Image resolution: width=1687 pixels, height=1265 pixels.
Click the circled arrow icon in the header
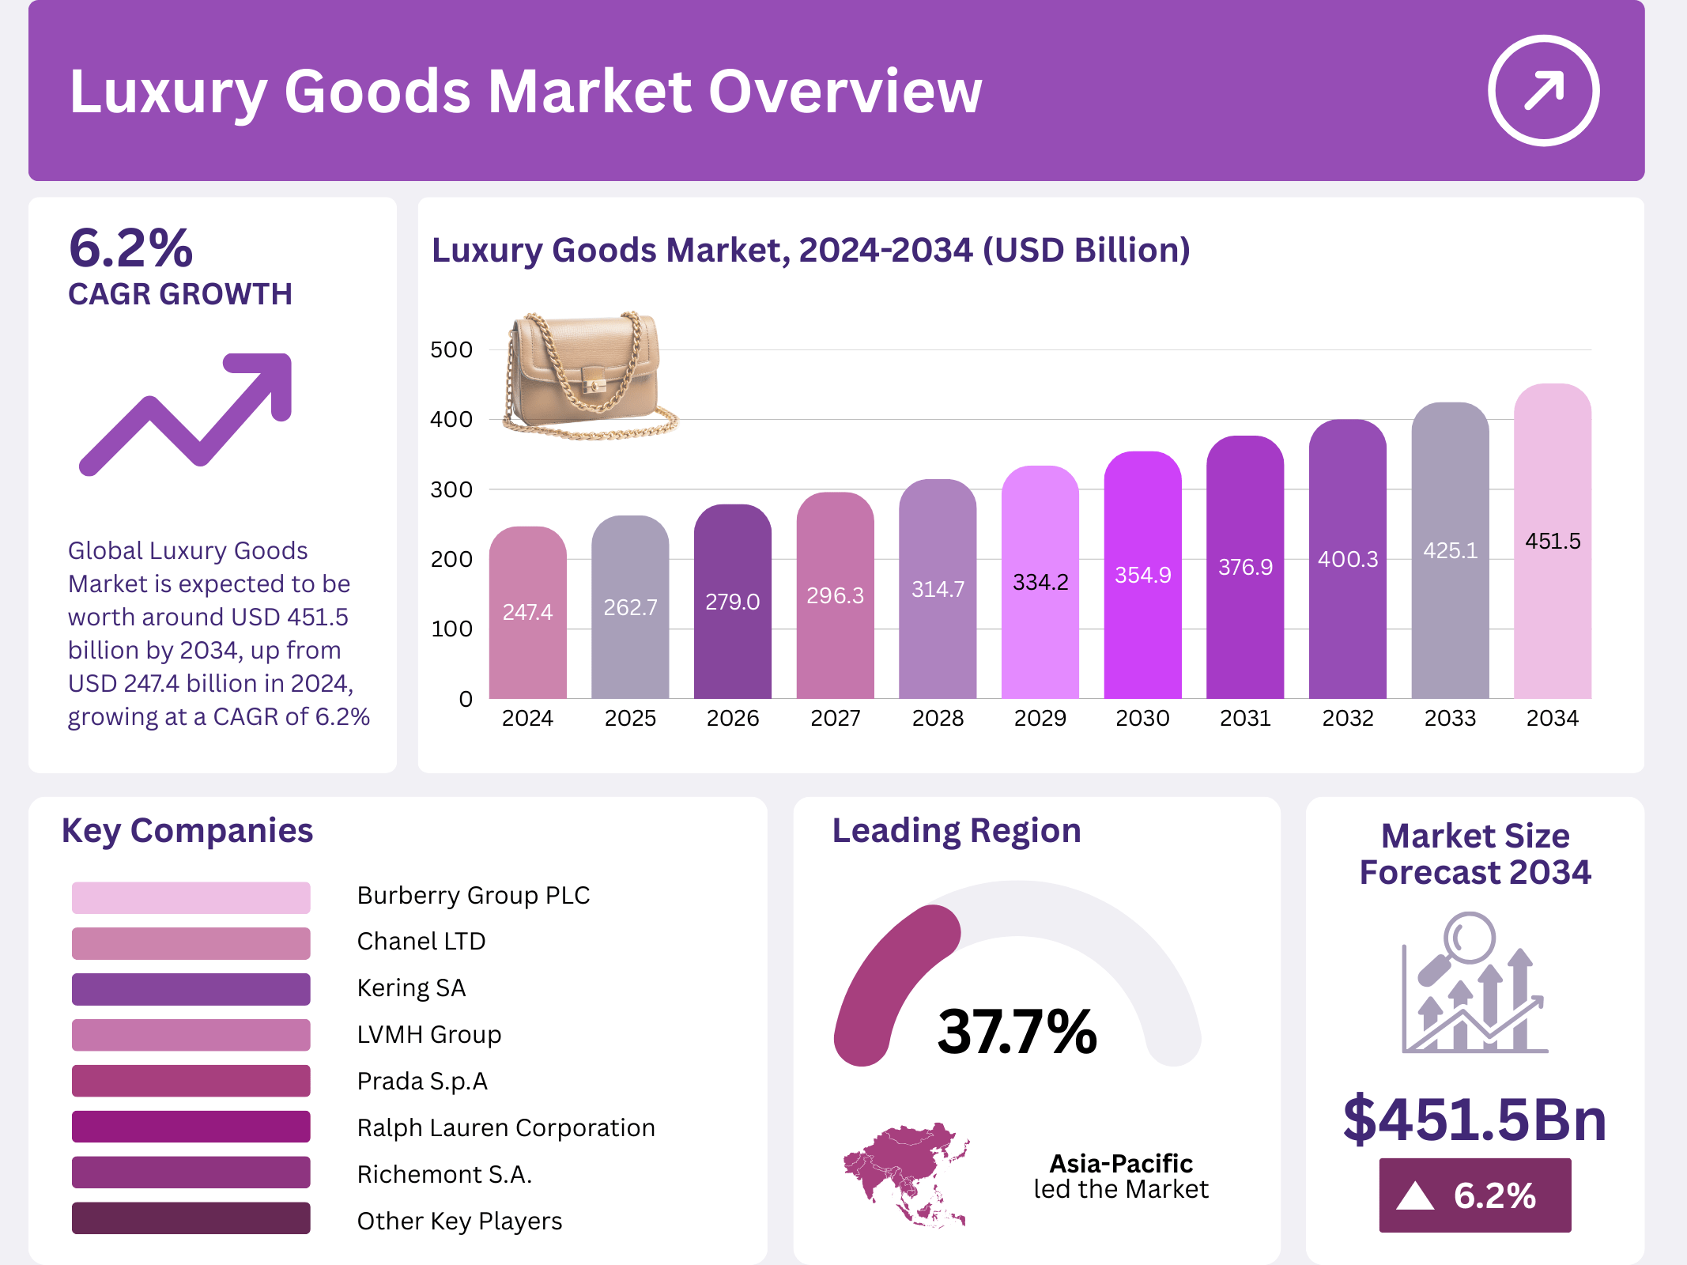(1542, 90)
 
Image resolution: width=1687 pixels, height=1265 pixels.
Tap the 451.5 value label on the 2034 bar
(1553, 542)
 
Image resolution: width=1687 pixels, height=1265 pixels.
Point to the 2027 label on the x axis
(835, 719)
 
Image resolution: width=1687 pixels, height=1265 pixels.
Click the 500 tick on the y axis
(451, 349)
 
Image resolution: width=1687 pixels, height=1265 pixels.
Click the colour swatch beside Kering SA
(191, 989)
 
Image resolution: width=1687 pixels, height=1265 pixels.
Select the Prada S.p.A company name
(422, 1081)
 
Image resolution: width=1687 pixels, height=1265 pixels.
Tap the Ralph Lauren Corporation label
(506, 1127)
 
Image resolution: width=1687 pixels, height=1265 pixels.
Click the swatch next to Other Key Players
(191, 1218)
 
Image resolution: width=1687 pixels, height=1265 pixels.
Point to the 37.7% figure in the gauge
(1017, 1032)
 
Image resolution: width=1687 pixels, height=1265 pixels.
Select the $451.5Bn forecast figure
(1474, 1120)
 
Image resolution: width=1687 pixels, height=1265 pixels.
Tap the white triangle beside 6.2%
(1414, 1196)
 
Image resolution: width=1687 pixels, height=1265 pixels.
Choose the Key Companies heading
(187, 831)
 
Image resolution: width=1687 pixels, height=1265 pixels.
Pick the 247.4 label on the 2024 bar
(527, 612)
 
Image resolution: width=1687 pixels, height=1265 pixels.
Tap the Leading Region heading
(957, 831)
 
